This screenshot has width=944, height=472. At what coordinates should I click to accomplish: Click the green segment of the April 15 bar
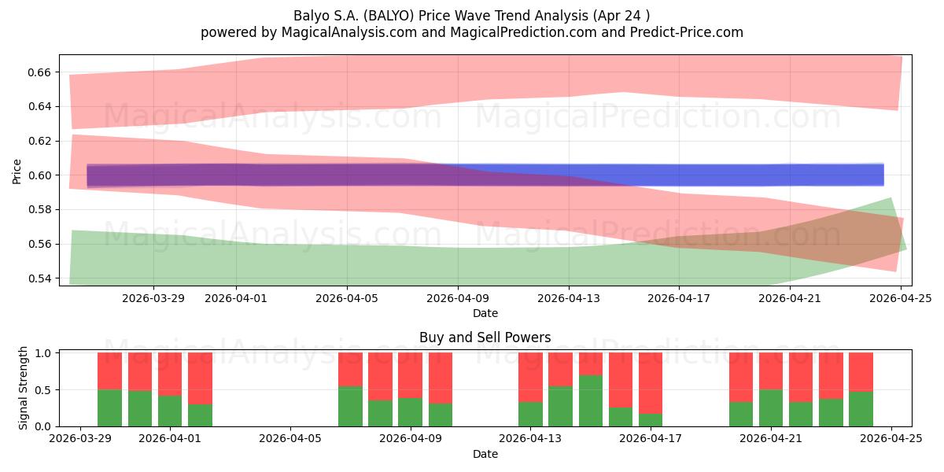click(591, 400)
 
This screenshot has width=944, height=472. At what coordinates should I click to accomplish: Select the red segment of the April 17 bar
click(651, 383)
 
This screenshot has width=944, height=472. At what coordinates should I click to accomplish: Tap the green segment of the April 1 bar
click(170, 411)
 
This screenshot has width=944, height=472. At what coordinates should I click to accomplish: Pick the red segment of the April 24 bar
click(861, 372)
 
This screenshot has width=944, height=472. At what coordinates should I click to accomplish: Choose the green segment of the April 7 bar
click(350, 406)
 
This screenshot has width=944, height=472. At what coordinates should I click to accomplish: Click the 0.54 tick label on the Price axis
click(39, 278)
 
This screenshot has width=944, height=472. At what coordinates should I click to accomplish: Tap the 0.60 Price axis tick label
click(39, 175)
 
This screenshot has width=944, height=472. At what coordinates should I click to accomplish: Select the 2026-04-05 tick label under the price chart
click(347, 298)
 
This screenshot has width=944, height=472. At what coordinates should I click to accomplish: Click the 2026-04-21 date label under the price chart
click(790, 298)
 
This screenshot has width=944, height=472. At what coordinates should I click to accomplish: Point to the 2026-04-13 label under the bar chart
click(530, 439)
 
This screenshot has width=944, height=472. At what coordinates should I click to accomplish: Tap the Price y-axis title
click(17, 172)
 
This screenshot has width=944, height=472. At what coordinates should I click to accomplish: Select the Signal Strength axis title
click(23, 388)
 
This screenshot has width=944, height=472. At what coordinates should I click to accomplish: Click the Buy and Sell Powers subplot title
click(485, 337)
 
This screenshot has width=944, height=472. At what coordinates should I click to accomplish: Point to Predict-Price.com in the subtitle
click(687, 32)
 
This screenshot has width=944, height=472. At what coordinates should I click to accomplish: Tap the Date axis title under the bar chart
click(485, 455)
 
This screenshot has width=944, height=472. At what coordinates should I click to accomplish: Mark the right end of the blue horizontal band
click(883, 175)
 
